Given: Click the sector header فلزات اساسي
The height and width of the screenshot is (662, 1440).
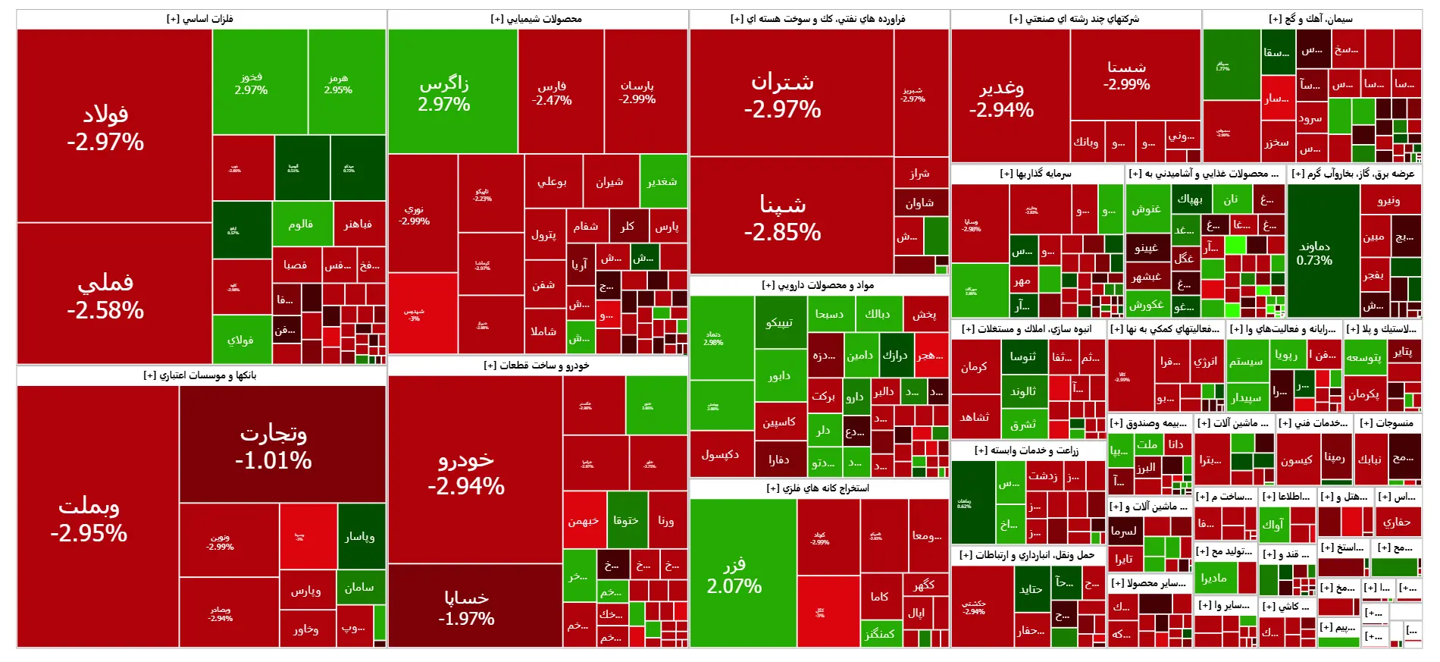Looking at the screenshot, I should (x=201, y=19).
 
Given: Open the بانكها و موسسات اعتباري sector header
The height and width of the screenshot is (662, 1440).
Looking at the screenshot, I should (x=201, y=375).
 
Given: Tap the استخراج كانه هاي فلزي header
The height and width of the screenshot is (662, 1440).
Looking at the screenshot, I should (x=818, y=488).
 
